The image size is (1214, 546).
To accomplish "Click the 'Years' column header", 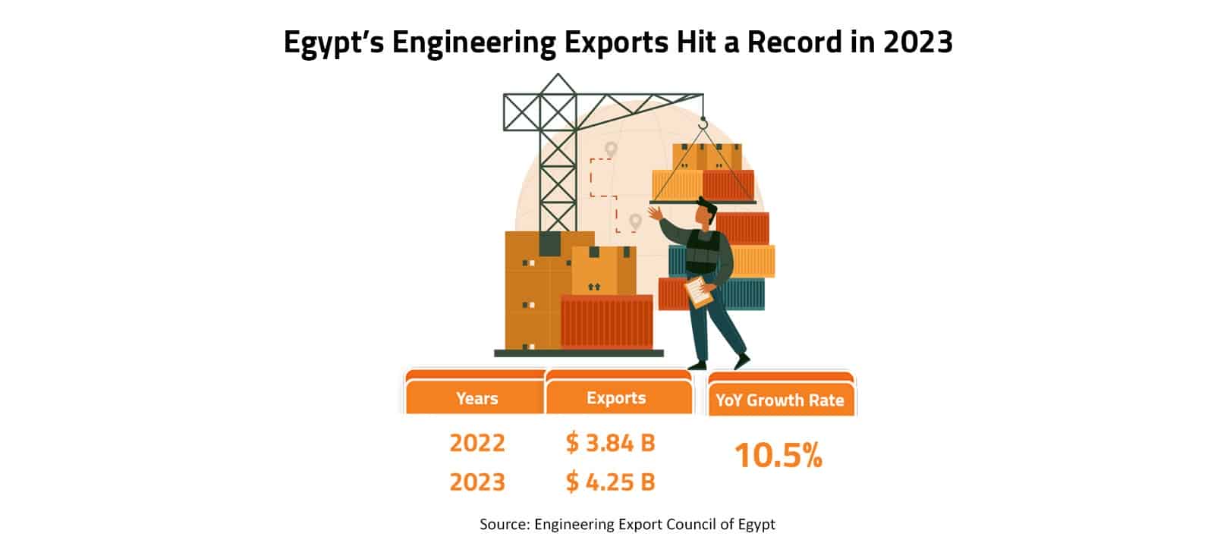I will [x=476, y=398].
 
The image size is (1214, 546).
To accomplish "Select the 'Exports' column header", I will [x=616, y=398].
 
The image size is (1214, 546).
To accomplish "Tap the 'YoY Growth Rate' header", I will [x=779, y=400].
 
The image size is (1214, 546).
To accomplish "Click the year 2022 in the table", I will [x=476, y=442].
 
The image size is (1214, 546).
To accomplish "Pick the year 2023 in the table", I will [x=476, y=482].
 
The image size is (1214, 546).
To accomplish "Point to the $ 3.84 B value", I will [x=610, y=442].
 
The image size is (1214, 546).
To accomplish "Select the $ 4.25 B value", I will [x=610, y=482].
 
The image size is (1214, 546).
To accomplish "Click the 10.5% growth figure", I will [x=778, y=456].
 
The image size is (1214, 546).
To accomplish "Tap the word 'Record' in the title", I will [x=793, y=42].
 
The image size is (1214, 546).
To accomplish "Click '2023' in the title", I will [x=917, y=42].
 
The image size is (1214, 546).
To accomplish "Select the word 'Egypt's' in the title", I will [x=333, y=43].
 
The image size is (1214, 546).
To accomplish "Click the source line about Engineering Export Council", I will [x=627, y=524].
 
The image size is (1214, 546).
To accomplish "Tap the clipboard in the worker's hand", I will [x=698, y=291].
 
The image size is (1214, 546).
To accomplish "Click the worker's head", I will [x=706, y=212].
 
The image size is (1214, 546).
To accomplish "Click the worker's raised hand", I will [x=654, y=212].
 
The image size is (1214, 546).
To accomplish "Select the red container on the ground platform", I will [x=606, y=322].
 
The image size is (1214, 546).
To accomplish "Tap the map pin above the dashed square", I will [x=611, y=149].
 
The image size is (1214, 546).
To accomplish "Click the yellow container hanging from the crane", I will [x=677, y=184].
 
